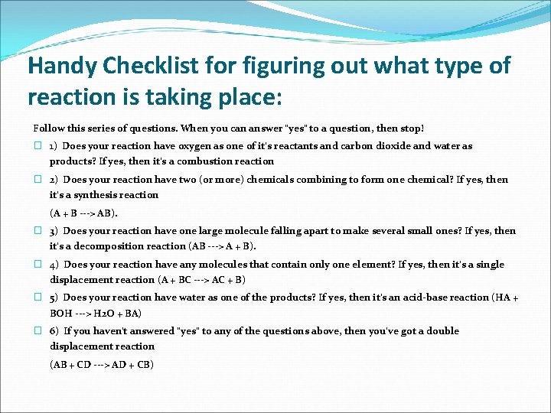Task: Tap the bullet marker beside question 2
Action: pos(37,180)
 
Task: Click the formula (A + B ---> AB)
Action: pos(83,213)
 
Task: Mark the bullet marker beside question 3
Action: pos(37,231)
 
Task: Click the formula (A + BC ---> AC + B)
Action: pos(201,280)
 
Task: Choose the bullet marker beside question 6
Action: pos(37,331)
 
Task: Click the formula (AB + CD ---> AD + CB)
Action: pos(102,365)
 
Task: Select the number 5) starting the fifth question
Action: pos(54,298)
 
